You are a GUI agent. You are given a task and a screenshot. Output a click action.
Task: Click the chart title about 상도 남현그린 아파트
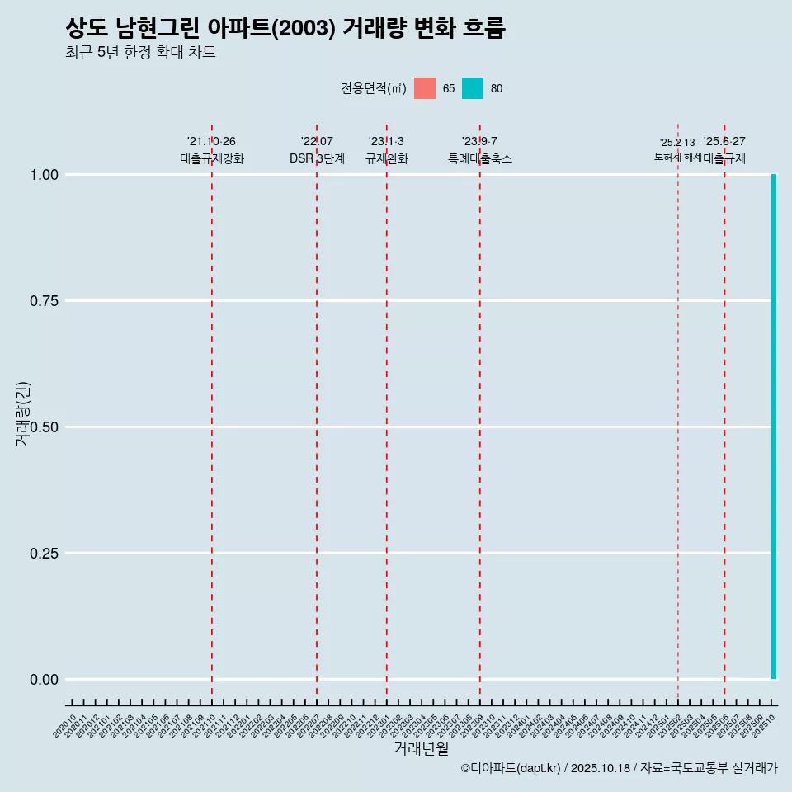(x=285, y=28)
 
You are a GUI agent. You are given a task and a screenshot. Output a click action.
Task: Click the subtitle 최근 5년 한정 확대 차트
(x=140, y=53)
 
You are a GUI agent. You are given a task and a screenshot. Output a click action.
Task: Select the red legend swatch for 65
(x=425, y=88)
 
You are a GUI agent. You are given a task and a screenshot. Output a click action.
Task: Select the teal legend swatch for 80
(x=473, y=88)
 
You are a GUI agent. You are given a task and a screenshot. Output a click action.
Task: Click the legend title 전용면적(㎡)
(x=374, y=88)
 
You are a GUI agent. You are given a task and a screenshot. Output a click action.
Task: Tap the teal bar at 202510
(x=774, y=427)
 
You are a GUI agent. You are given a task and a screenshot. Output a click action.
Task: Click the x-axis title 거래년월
(x=421, y=748)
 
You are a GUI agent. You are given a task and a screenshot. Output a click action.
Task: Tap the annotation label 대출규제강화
(x=212, y=158)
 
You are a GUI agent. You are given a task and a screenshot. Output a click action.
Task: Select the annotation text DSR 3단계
(x=317, y=158)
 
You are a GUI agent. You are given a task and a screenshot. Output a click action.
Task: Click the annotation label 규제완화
(x=387, y=158)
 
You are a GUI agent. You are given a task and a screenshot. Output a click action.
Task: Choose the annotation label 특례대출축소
(x=480, y=158)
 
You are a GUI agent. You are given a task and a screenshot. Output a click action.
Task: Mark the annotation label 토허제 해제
(x=677, y=156)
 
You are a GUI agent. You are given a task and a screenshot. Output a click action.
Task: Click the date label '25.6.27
(x=724, y=142)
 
